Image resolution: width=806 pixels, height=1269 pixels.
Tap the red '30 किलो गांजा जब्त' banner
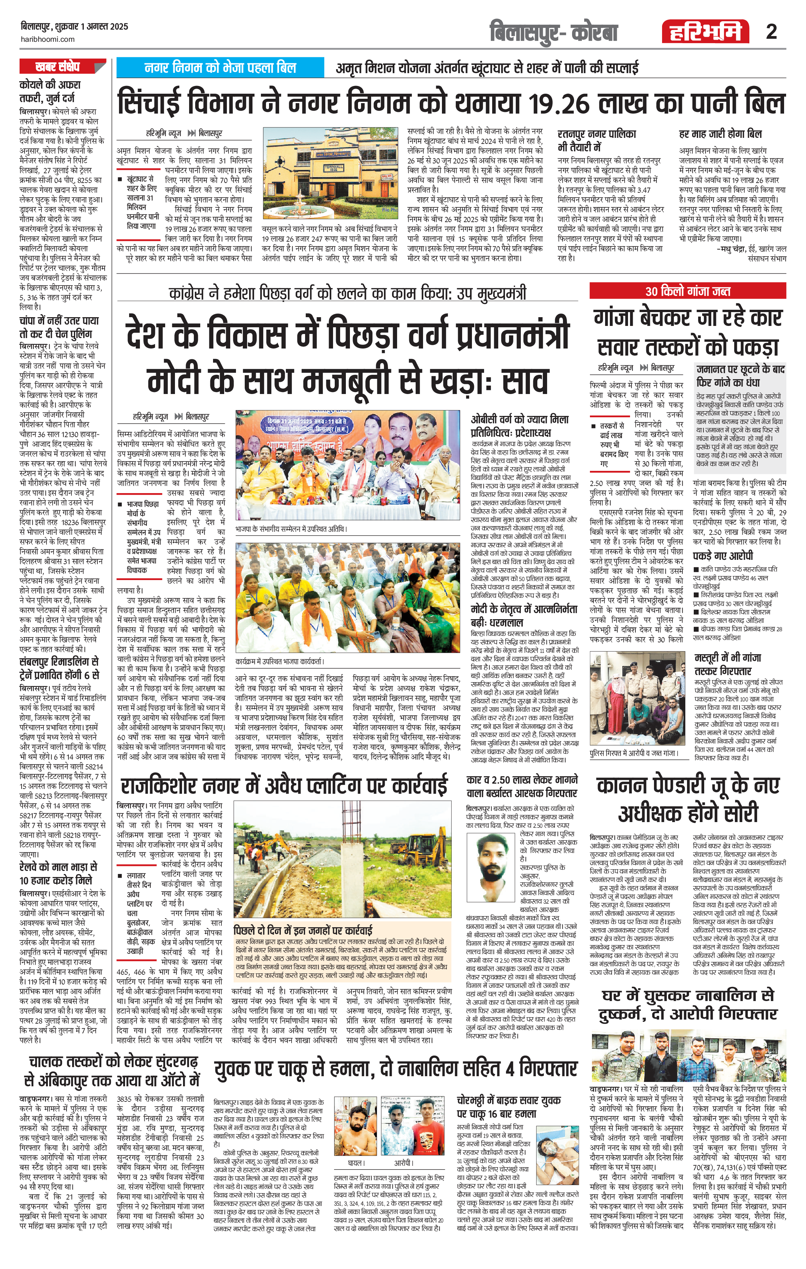(687, 291)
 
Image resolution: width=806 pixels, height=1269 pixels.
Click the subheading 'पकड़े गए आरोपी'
(723, 555)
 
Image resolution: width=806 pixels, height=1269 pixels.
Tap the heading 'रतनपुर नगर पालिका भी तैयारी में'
(597, 140)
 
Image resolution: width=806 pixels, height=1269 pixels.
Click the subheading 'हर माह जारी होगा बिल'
(720, 134)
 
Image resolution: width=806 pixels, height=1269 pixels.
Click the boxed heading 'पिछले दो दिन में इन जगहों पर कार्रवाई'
(303, 929)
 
